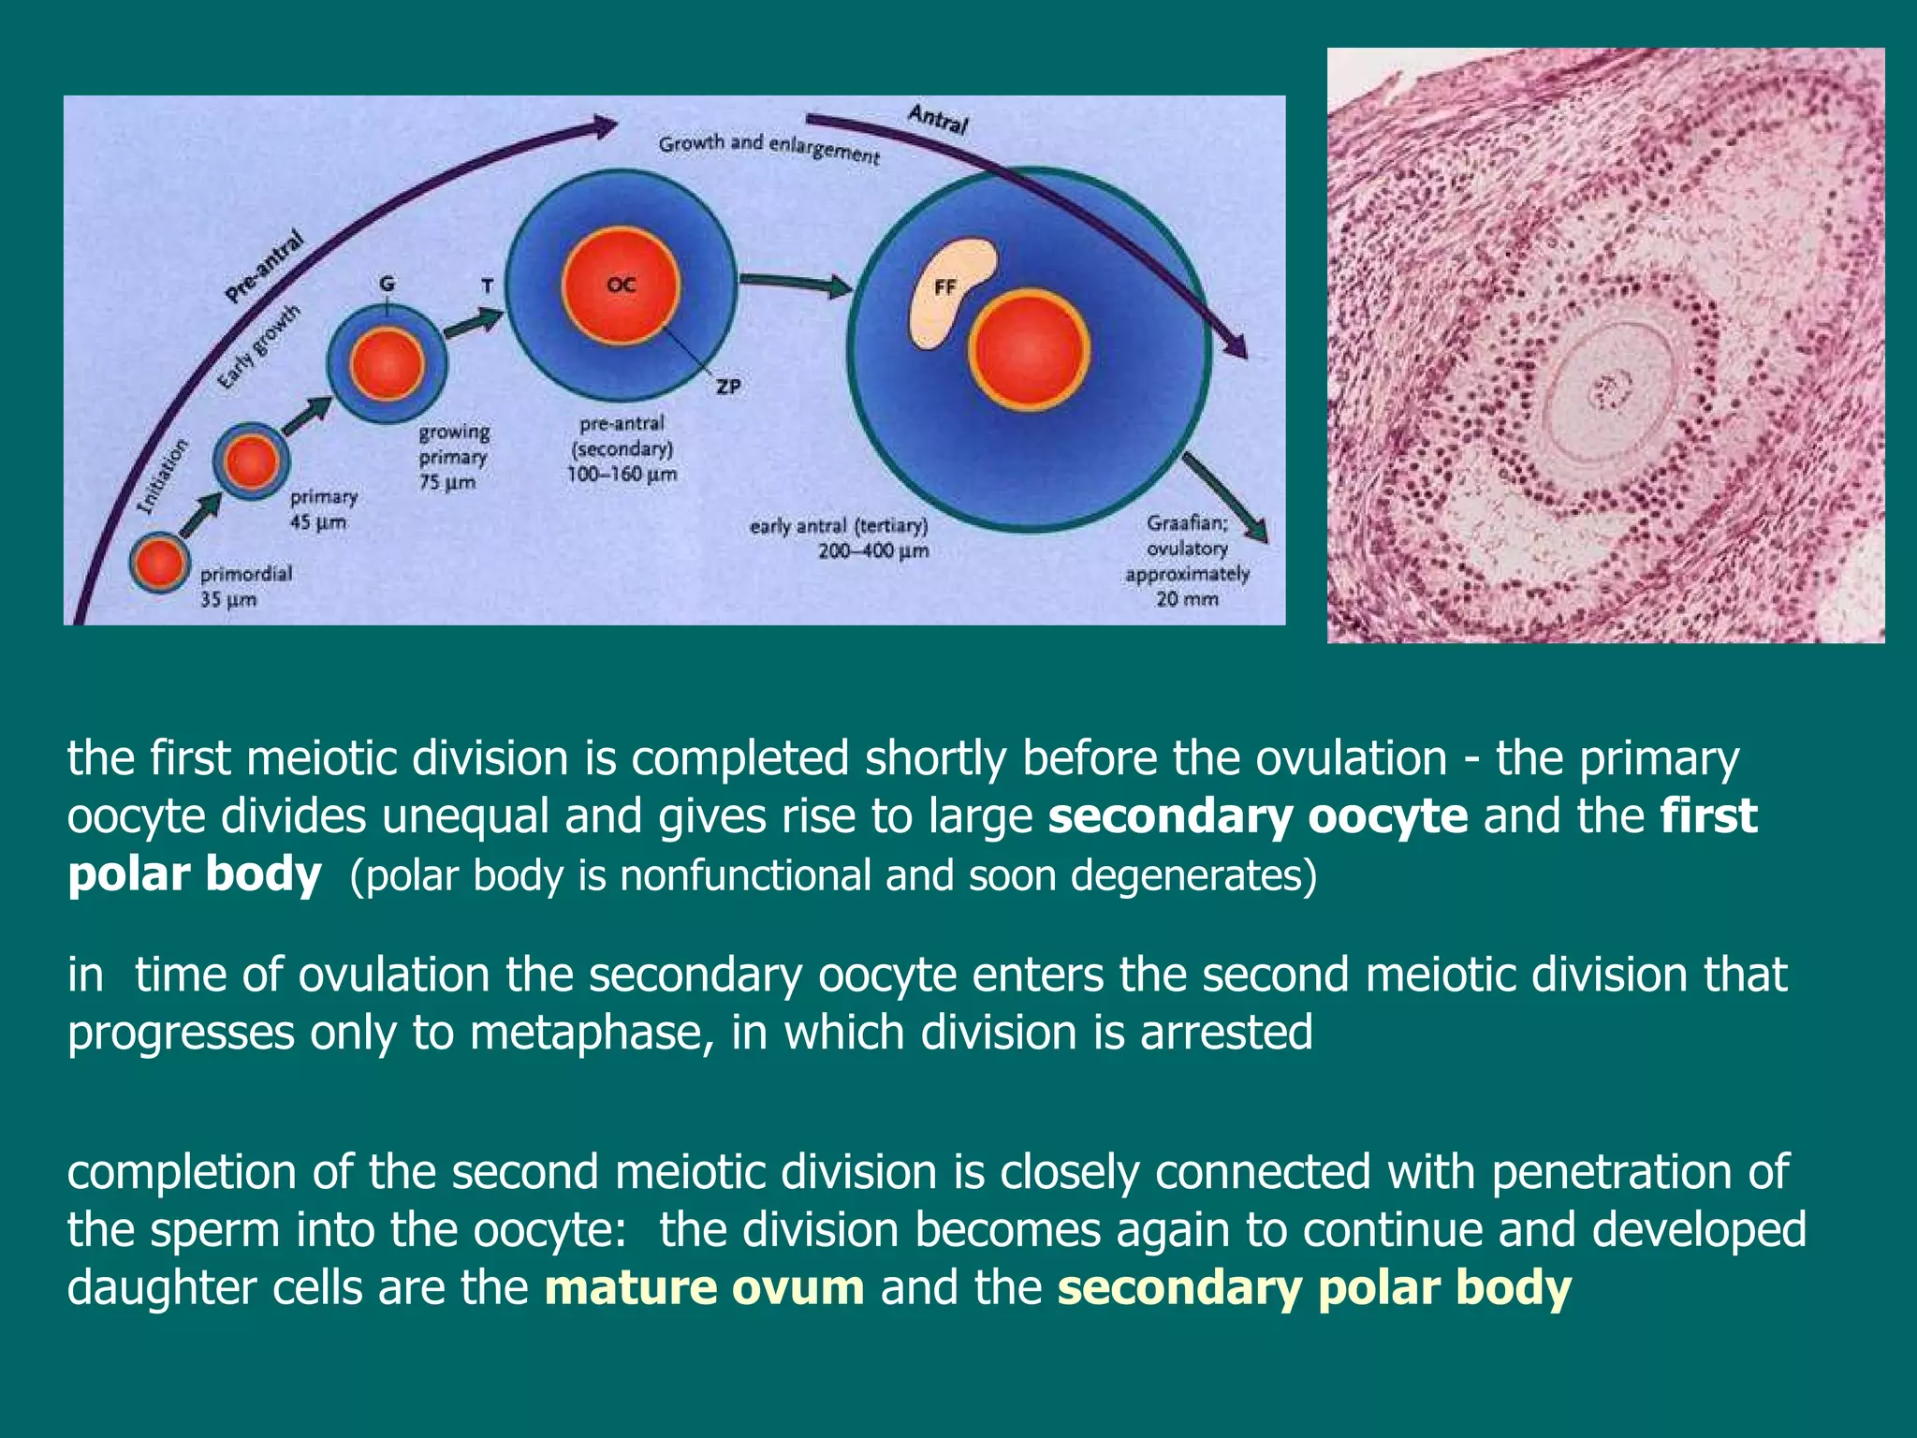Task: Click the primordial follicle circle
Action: [x=159, y=562]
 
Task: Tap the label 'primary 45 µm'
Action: [x=321, y=509]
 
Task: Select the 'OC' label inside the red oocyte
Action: [x=621, y=285]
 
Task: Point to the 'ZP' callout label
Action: [x=728, y=386]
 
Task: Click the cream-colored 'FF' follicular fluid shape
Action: [x=951, y=290]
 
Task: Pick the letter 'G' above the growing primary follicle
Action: [x=387, y=284]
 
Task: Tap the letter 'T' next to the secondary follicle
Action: [x=487, y=286]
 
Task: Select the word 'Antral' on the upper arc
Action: [x=937, y=119]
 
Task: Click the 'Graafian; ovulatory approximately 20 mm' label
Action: [x=1187, y=560]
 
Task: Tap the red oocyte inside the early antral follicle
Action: [x=1029, y=351]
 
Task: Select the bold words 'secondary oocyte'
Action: [x=1257, y=815]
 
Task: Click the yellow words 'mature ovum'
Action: [x=704, y=1287]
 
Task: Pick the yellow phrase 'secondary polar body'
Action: [x=1313, y=1287]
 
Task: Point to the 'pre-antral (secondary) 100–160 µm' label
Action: [x=621, y=449]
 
